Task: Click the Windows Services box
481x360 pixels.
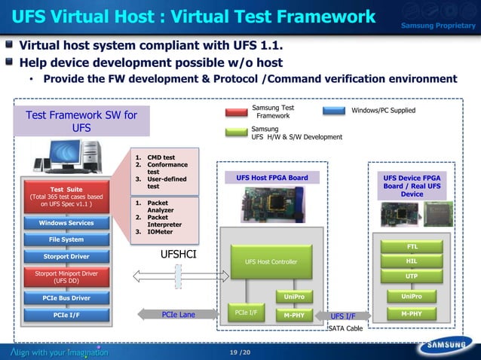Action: (66, 223)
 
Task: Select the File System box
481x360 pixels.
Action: (66, 239)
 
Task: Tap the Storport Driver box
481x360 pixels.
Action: (66, 257)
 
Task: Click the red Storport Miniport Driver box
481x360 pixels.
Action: (66, 277)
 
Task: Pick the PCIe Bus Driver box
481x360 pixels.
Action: (66, 298)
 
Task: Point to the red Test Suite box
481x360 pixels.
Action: (66, 197)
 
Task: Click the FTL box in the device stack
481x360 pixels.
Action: (412, 246)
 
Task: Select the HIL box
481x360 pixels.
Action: (412, 261)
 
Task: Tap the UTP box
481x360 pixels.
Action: (412, 276)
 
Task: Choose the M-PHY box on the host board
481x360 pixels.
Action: (295, 315)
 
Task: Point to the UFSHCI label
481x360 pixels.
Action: (179, 255)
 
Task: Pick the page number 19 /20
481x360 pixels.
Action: (240, 352)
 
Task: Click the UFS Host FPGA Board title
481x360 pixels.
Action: (271, 178)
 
